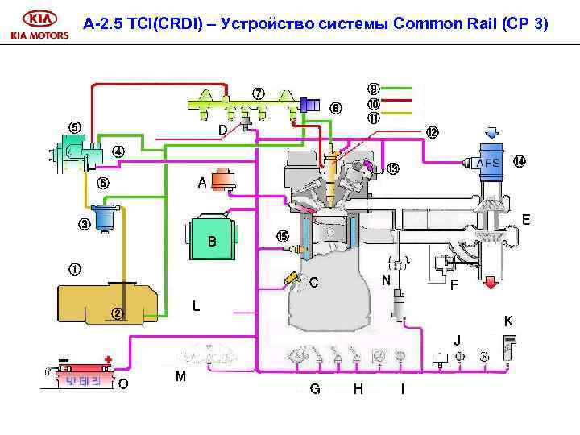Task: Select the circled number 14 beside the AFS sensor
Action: (x=520, y=161)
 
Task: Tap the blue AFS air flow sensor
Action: (x=489, y=163)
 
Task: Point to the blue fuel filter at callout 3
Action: (x=106, y=218)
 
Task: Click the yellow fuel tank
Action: (x=105, y=304)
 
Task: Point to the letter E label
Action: (x=525, y=218)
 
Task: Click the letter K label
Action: (x=508, y=320)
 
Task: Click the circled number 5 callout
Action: (x=74, y=126)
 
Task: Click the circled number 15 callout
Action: (x=281, y=236)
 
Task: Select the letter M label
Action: (x=180, y=376)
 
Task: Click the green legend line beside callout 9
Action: (x=400, y=87)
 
